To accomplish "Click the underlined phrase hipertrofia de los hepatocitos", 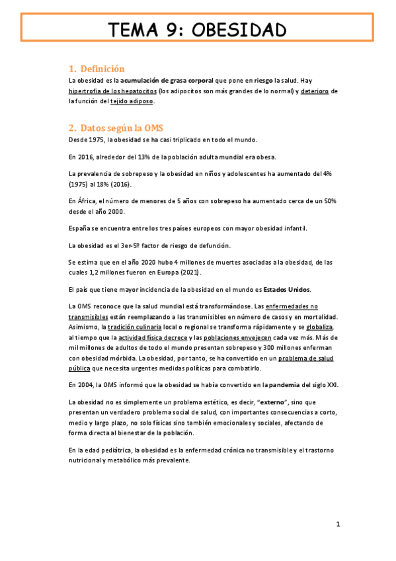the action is click(112, 91).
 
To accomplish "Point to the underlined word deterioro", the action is click(314, 91).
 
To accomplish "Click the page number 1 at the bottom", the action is click(337, 525).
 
